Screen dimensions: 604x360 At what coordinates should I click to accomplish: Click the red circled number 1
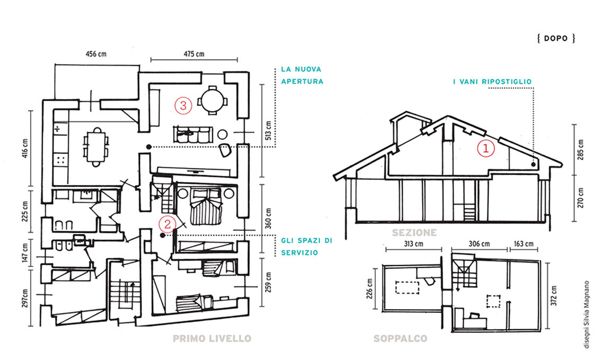click(486, 148)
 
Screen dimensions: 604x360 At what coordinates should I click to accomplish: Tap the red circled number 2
click(167, 224)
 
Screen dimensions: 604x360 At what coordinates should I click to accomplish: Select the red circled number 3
click(183, 105)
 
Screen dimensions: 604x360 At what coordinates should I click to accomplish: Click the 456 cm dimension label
click(96, 54)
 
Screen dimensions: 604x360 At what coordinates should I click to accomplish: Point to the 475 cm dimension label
click(194, 54)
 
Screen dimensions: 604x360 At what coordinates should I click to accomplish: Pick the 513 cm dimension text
click(269, 130)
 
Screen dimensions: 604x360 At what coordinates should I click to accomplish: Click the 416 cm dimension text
click(25, 148)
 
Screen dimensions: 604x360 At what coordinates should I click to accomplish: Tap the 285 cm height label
click(581, 149)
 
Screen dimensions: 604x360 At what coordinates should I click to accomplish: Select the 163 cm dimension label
click(523, 244)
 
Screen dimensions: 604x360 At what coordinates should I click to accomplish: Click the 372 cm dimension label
click(554, 295)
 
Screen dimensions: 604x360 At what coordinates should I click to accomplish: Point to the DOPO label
click(556, 38)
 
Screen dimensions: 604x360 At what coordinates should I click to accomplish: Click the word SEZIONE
click(414, 232)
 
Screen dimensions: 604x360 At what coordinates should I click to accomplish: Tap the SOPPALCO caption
click(400, 338)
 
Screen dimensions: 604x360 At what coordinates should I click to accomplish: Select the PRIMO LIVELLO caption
click(212, 338)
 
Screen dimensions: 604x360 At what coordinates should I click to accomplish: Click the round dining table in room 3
click(212, 100)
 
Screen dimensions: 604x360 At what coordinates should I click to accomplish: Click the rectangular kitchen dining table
click(96, 147)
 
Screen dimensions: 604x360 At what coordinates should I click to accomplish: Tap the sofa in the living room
click(193, 133)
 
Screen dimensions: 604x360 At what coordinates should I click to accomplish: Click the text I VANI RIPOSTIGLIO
click(492, 82)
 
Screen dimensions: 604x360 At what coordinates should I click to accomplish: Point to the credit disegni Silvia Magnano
click(587, 314)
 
